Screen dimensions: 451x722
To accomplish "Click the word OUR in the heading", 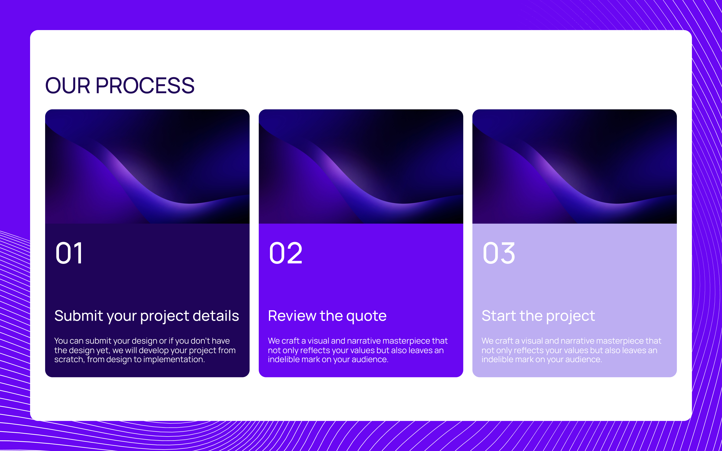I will click(x=67, y=86).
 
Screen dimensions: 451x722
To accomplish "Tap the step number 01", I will click(x=69, y=253).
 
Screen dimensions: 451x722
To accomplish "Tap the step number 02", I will click(x=286, y=253).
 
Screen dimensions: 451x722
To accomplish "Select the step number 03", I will click(x=499, y=253).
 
